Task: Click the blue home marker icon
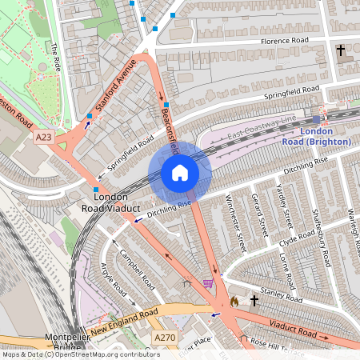click(x=180, y=173)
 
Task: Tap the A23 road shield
click(x=44, y=138)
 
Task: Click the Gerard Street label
click(x=258, y=214)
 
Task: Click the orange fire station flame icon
click(x=234, y=302)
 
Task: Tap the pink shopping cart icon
click(x=208, y=282)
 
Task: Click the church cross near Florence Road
click(x=341, y=50)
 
